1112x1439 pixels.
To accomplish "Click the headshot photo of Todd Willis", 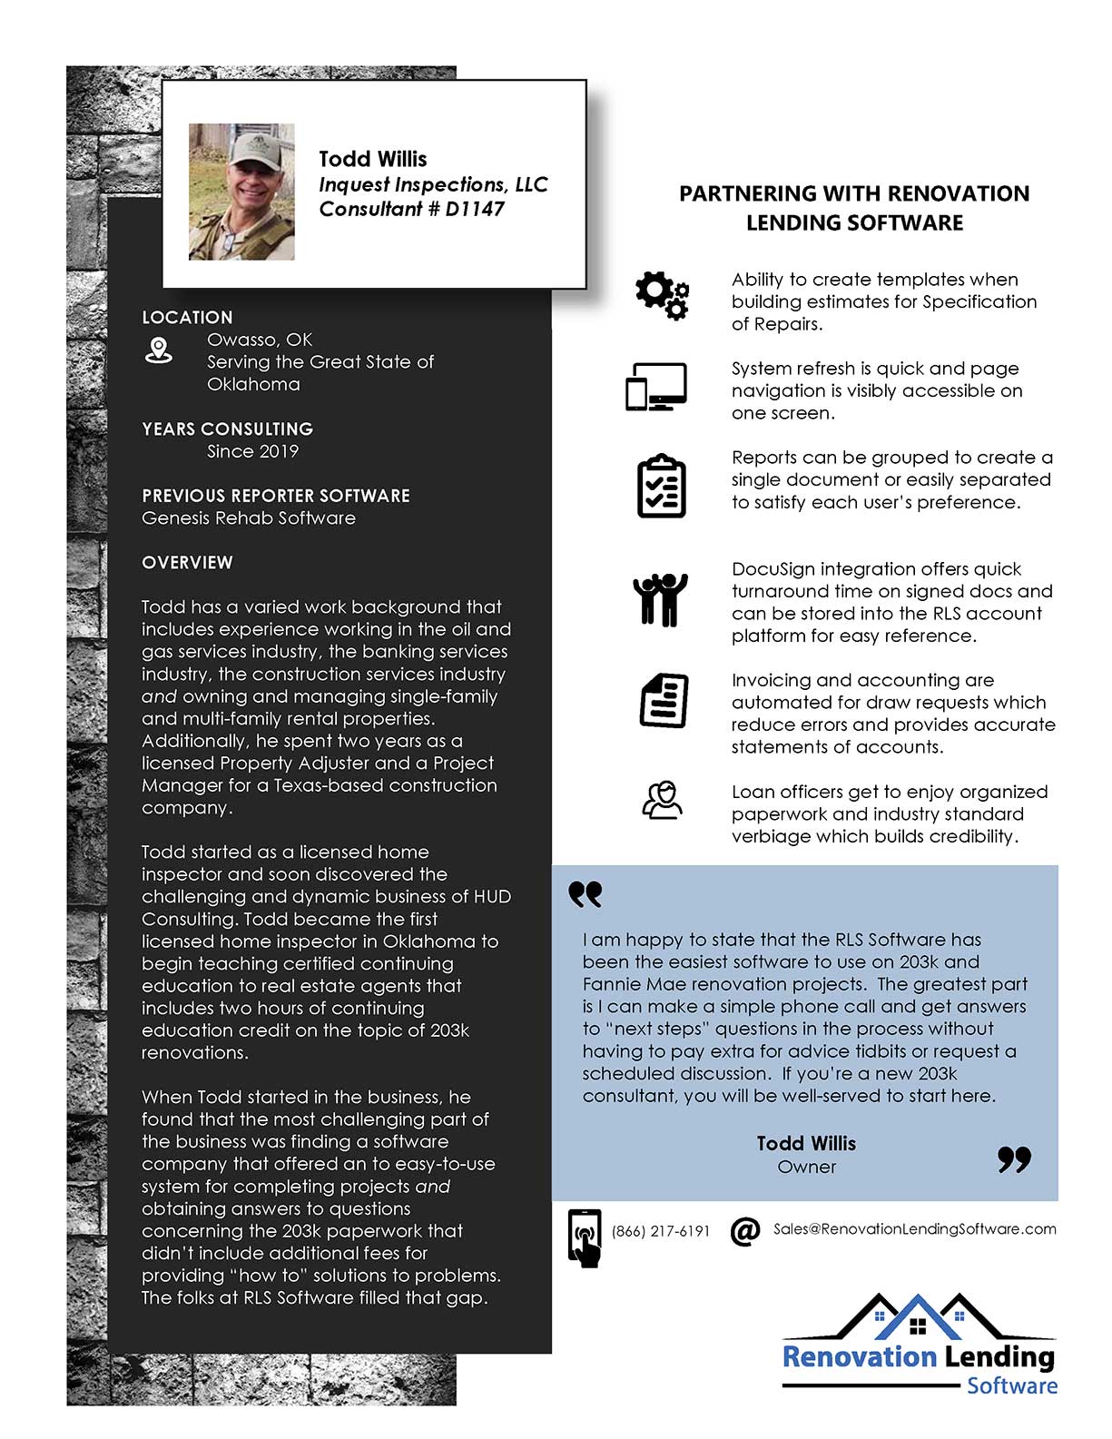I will (241, 192).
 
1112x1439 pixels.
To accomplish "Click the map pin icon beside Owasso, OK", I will (159, 350).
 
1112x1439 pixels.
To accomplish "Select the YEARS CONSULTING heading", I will (227, 429).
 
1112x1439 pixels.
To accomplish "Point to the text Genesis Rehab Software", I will (248, 518).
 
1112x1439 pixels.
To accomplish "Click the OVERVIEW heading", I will (187, 563).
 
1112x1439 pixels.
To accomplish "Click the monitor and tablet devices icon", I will (656, 387).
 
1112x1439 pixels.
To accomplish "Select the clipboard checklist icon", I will (662, 487).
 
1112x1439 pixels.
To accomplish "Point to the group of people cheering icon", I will (660, 599).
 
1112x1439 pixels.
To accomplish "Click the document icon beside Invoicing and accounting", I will (664, 700).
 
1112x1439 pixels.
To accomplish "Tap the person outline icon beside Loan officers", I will (662, 801).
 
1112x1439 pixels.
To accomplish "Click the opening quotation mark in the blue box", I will (586, 895).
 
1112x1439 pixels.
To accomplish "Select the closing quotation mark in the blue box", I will (1014, 1159).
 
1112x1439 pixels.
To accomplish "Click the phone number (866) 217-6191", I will (660, 1231).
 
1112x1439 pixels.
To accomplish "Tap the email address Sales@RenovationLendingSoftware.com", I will (914, 1228).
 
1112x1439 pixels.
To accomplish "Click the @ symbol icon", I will (744, 1231).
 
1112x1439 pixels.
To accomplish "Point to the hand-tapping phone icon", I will (585, 1237).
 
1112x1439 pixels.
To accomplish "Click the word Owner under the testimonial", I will (806, 1168).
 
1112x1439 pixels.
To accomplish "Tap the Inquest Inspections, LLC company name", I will (433, 184).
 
